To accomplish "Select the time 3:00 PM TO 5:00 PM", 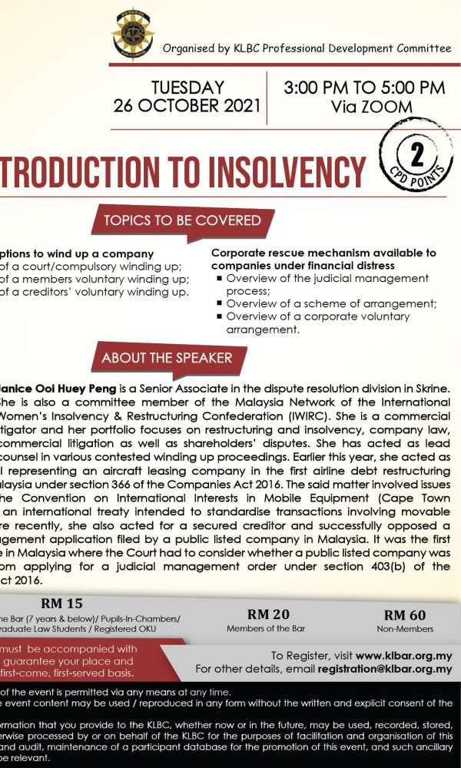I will (x=363, y=88).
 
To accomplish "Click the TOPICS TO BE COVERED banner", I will (x=182, y=220).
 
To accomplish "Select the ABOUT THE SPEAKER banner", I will (x=166, y=358).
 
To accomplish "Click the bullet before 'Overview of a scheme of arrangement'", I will (x=220, y=304).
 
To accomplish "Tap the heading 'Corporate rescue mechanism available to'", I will (x=323, y=253).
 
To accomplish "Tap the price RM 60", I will (x=405, y=614).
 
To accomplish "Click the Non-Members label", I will (x=405, y=629).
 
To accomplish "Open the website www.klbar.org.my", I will (x=403, y=656).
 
